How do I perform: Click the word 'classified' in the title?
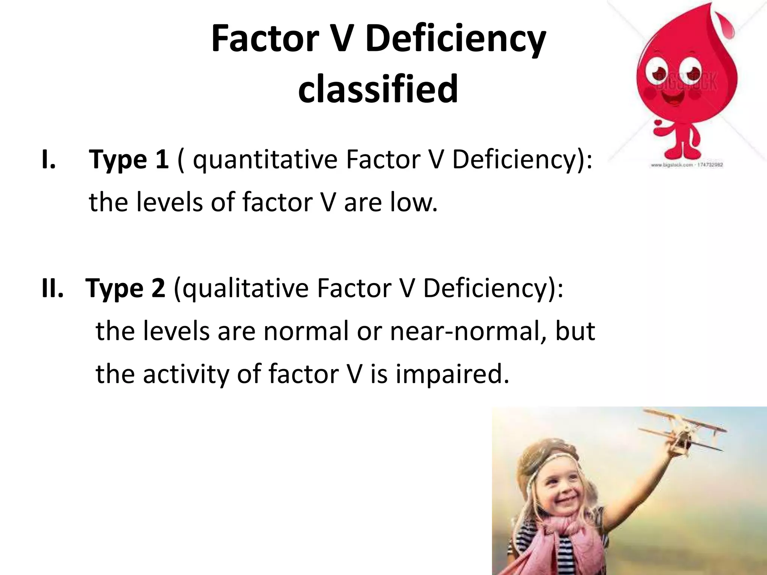click(378, 89)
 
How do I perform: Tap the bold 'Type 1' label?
click(128, 159)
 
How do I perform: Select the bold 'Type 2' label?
click(125, 288)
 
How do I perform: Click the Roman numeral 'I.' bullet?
click(49, 159)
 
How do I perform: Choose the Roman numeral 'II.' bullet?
click(52, 288)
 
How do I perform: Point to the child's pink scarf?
click(554, 539)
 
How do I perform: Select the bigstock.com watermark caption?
click(686, 165)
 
